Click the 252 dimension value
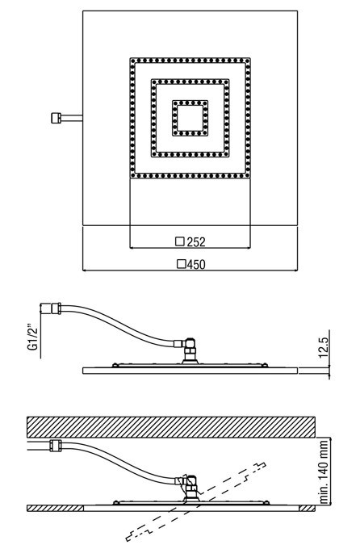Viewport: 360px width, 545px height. [196, 242]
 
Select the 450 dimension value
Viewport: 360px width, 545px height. [196, 265]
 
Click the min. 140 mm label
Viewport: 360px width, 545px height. [324, 472]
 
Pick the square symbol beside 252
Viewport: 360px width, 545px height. [180, 241]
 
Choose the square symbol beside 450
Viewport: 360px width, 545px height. [182, 264]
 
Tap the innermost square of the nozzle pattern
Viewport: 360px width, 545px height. [190, 118]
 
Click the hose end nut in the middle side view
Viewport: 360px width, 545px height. [56, 308]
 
